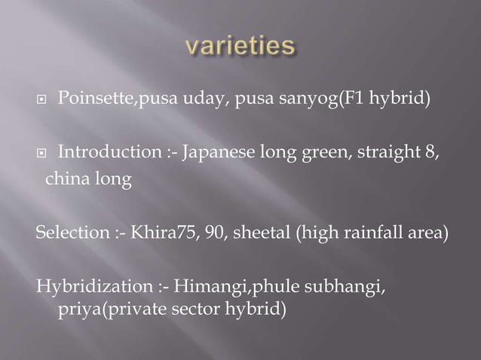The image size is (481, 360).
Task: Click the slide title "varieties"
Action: pos(240,46)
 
